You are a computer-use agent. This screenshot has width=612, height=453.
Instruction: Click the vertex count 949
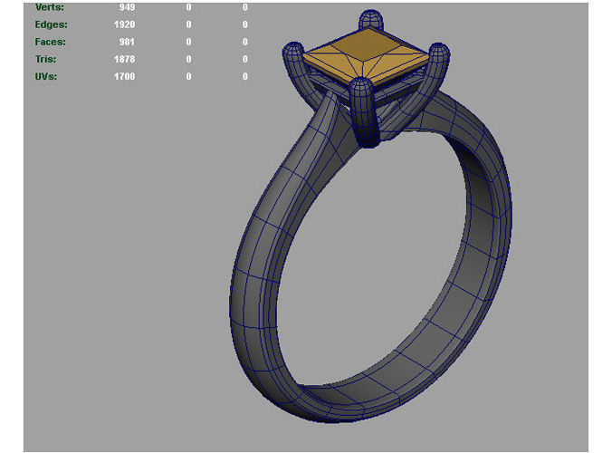click(x=126, y=7)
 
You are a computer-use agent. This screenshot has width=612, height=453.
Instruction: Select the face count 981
click(x=126, y=42)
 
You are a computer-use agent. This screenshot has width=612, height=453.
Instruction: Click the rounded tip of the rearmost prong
click(x=369, y=18)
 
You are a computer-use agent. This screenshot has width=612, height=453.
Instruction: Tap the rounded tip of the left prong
click(x=294, y=49)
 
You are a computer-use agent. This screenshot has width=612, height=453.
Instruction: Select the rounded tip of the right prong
click(x=439, y=51)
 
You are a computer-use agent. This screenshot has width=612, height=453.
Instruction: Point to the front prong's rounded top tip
click(x=362, y=87)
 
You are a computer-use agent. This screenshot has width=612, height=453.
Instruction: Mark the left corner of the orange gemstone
click(x=305, y=57)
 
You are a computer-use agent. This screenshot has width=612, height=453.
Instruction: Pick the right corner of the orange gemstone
click(x=428, y=56)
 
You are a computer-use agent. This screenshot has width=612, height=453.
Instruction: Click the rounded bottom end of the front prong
click(x=369, y=140)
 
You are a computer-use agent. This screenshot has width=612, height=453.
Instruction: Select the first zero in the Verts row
click(x=188, y=7)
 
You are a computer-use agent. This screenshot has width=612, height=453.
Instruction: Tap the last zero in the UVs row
click(x=244, y=76)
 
